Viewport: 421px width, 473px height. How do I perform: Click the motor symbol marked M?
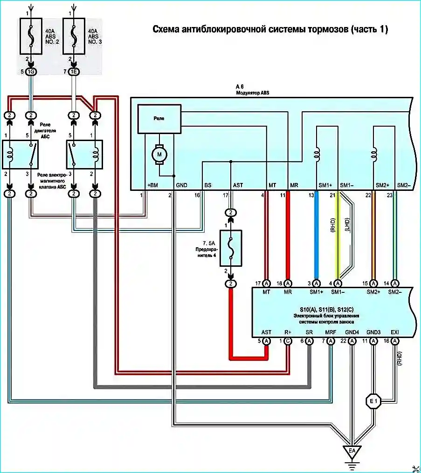(x=159, y=155)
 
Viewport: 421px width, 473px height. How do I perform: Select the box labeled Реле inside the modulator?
(x=159, y=119)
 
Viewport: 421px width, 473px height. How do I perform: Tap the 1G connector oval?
(x=31, y=72)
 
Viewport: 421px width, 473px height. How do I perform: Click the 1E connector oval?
(x=74, y=72)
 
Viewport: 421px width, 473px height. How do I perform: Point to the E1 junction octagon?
(x=373, y=401)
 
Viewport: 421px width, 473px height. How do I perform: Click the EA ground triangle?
(x=352, y=452)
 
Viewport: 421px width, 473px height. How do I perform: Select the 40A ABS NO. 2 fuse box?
(x=31, y=36)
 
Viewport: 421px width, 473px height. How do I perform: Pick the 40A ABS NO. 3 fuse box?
(x=74, y=36)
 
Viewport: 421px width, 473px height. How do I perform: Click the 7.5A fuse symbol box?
(x=231, y=248)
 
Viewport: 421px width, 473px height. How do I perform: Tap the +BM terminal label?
(x=152, y=185)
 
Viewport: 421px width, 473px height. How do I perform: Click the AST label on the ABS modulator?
(x=238, y=185)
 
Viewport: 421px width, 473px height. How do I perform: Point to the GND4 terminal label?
(x=352, y=332)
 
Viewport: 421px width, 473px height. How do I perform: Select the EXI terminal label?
(x=395, y=332)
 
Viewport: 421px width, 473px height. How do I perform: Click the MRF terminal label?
(x=331, y=332)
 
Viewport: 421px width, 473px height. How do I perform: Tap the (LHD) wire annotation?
(x=347, y=225)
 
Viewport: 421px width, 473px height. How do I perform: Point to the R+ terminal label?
(x=288, y=332)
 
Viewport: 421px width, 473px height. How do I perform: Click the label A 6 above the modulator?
(x=240, y=87)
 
